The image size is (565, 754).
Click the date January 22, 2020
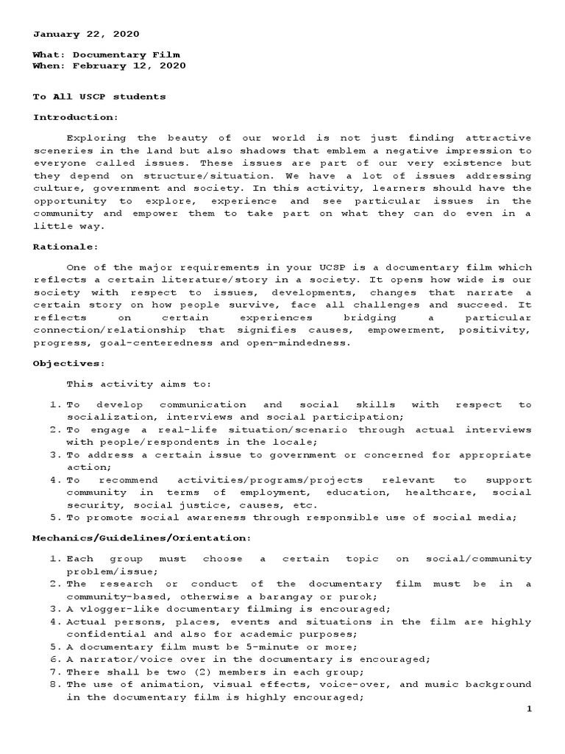(86, 34)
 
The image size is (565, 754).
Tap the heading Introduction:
(75, 117)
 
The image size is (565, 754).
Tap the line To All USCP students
(99, 96)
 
